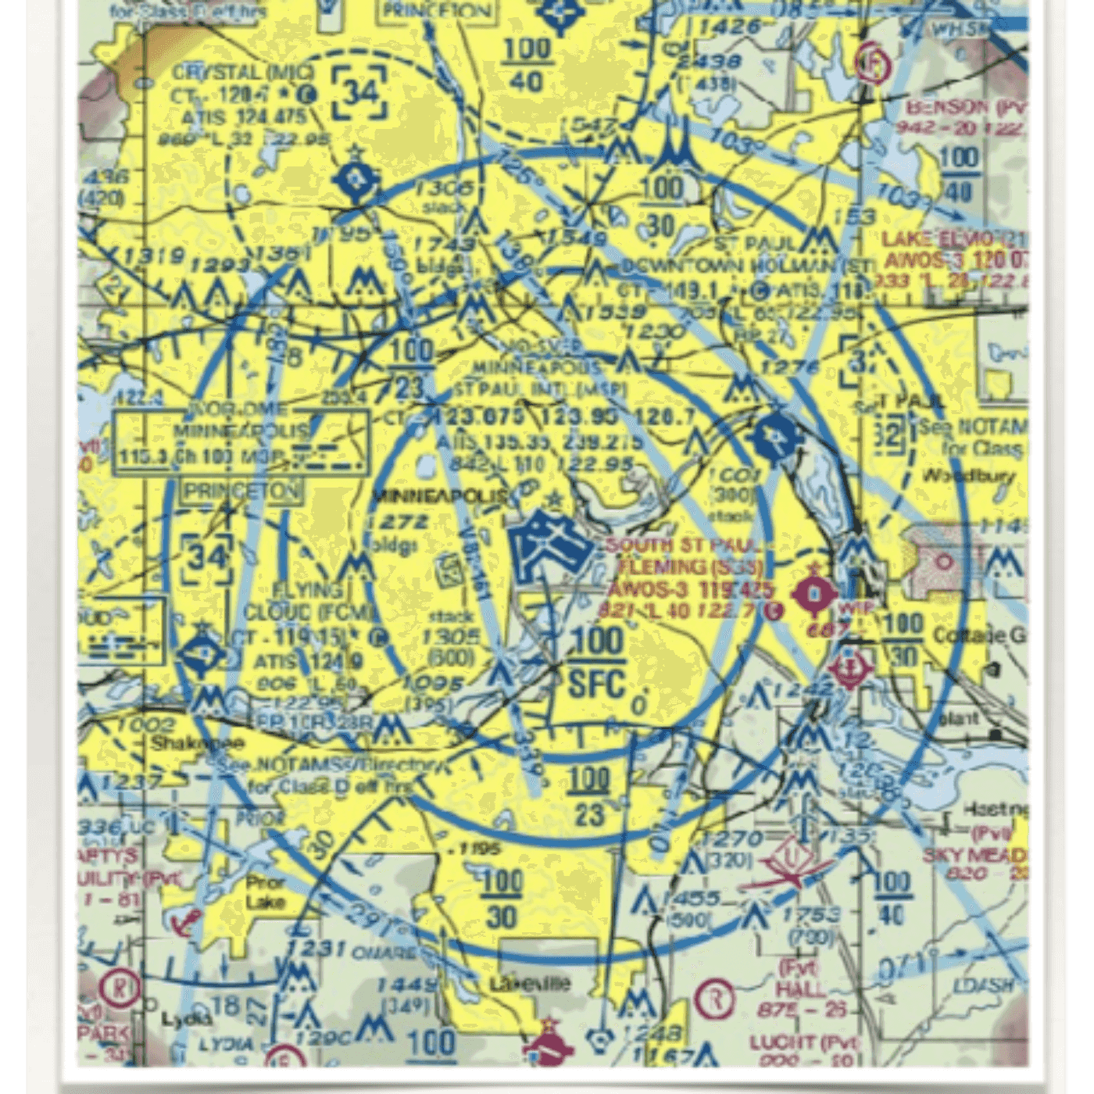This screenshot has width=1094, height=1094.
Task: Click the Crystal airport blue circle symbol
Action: (x=356, y=181)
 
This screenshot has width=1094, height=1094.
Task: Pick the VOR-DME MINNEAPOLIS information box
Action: (x=241, y=442)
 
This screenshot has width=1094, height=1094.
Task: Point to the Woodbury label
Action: (x=969, y=475)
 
